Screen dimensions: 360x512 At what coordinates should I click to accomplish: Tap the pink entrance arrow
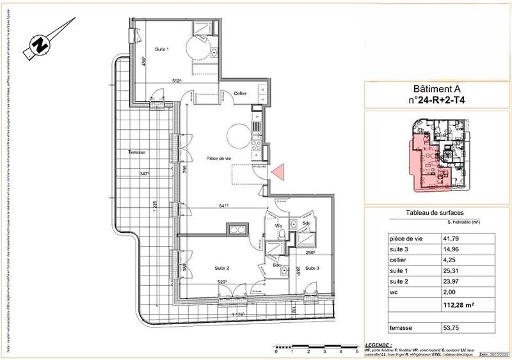(x=278, y=171)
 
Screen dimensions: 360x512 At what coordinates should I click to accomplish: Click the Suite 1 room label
(x=162, y=49)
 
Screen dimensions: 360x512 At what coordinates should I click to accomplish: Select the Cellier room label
(x=240, y=93)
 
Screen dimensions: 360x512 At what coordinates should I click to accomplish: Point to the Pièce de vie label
(x=218, y=158)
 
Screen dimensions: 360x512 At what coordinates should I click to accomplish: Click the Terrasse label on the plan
(x=137, y=152)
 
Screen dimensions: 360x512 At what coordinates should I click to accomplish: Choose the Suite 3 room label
(x=312, y=270)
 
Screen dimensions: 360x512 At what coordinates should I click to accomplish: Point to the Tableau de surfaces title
(x=435, y=213)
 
